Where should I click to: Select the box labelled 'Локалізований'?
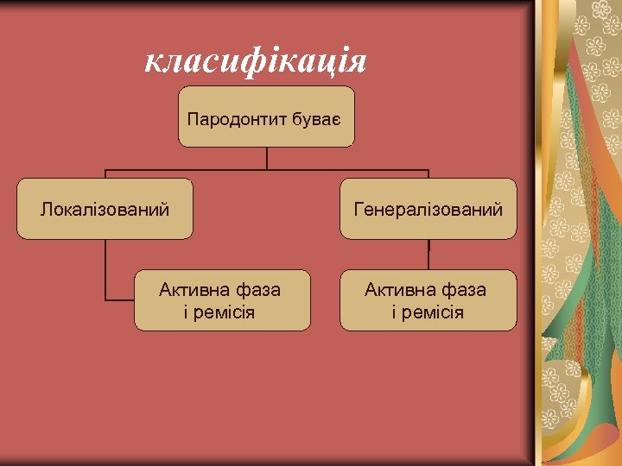(105, 209)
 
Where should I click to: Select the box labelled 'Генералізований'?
(428, 209)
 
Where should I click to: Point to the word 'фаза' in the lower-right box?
(466, 290)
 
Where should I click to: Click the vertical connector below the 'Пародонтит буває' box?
(267, 158)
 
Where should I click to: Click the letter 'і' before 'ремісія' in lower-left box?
(187, 312)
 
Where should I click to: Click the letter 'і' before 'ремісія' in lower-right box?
(395, 312)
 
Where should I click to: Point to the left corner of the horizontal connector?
(105, 169)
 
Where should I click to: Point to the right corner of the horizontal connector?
(428, 169)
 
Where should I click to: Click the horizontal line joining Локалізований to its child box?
(120, 299)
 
